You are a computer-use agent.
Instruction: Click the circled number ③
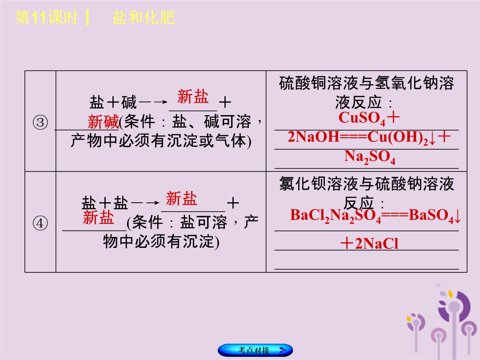tap(40, 123)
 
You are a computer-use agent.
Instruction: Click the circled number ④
tap(40, 223)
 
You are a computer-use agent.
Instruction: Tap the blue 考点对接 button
tap(255, 350)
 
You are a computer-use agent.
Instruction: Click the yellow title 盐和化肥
tap(144, 17)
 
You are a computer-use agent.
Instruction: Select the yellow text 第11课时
tap(47, 17)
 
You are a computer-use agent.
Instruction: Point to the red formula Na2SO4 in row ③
tap(370, 157)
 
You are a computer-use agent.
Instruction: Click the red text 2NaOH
tap(313, 137)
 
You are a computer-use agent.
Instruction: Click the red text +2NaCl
tap(369, 244)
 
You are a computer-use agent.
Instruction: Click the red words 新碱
tap(103, 122)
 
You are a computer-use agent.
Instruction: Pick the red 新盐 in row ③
tap(193, 96)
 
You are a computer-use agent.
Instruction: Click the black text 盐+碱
tap(113, 102)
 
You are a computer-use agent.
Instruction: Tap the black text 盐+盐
tap(105, 203)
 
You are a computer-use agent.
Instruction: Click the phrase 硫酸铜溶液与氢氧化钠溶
tap(366, 83)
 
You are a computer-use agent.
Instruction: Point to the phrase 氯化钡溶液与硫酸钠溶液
tap(366, 184)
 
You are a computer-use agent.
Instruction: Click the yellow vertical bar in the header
tap(88, 17)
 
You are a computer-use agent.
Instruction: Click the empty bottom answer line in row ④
tap(366, 269)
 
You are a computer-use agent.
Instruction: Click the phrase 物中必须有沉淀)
tap(161, 241)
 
